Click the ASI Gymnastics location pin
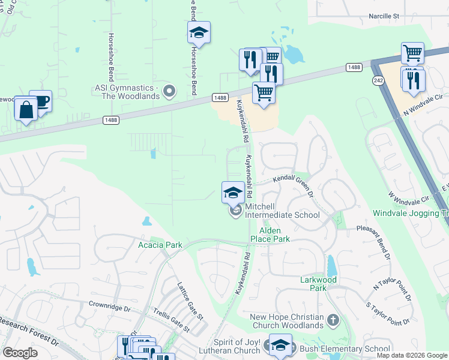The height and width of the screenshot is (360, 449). point(170,92)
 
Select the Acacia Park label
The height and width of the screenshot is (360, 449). point(160,245)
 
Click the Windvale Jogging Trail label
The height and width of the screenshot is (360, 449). point(411,213)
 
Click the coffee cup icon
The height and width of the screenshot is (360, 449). point(41,100)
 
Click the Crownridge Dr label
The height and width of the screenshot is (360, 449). point(109,307)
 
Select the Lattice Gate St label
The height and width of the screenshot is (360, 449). point(190,301)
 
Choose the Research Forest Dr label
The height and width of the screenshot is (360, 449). point(30,332)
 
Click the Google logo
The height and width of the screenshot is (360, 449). point(20,353)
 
